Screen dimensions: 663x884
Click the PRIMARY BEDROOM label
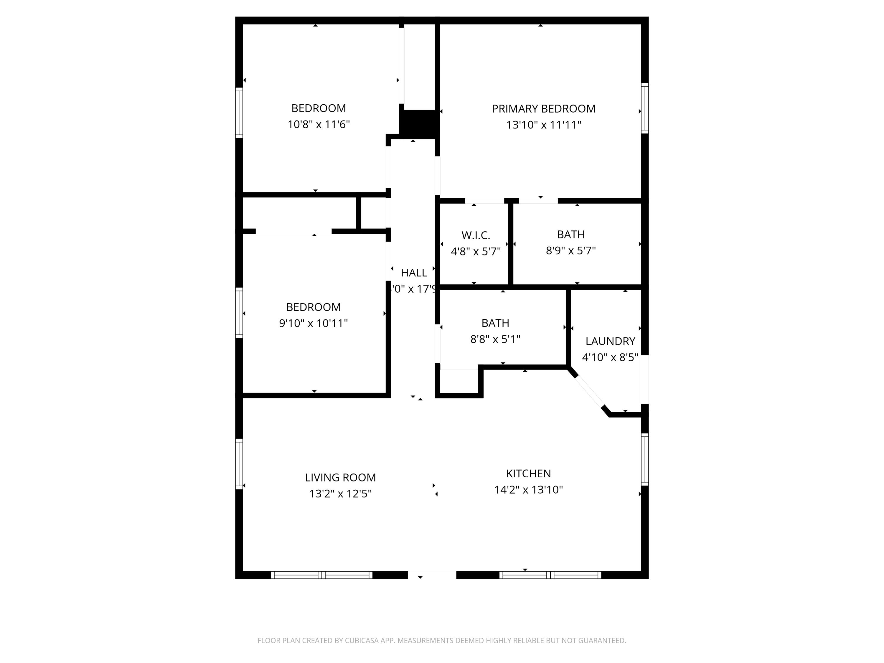543,109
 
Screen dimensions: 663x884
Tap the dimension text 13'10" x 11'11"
543,125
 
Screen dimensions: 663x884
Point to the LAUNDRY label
610,341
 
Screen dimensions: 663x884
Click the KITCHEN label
528,474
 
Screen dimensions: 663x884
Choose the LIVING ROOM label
340,478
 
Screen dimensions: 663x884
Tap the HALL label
414,273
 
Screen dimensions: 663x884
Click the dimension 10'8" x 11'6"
319,125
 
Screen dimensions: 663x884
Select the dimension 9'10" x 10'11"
313,323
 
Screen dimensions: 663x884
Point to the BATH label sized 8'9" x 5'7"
571,235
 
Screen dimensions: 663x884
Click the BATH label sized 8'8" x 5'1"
495,323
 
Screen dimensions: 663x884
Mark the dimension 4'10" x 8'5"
610,357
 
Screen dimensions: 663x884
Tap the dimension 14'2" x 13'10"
528,490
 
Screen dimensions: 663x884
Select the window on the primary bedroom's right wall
645,108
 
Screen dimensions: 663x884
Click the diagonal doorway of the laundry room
589,392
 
